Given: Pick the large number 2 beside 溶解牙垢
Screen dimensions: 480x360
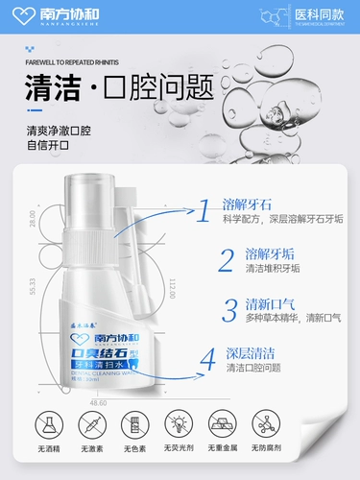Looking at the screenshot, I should pyautogui.click(x=226, y=259).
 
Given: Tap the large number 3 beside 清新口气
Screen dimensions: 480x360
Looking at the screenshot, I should pyautogui.click(x=229, y=309).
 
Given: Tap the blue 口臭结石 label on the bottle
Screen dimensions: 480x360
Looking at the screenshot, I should pyautogui.click(x=97, y=351).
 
